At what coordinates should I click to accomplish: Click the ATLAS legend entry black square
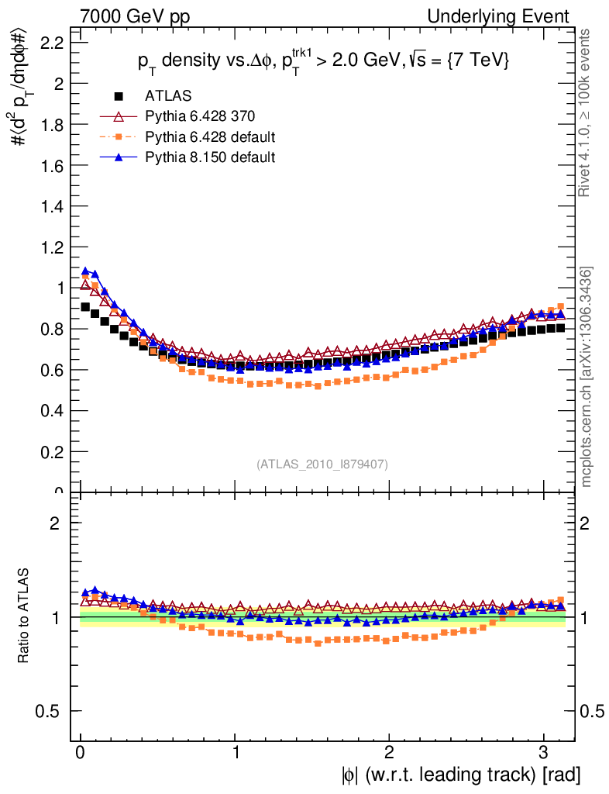119,97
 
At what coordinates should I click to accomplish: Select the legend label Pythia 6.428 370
200,117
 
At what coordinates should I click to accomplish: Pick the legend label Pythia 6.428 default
210,137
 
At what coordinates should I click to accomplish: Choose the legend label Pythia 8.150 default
210,157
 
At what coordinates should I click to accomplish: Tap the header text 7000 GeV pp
135,16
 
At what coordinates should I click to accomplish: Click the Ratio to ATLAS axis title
24,616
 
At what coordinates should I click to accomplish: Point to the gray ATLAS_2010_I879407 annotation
322,464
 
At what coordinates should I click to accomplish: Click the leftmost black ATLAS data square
85,306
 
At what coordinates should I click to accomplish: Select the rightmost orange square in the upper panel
559,306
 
